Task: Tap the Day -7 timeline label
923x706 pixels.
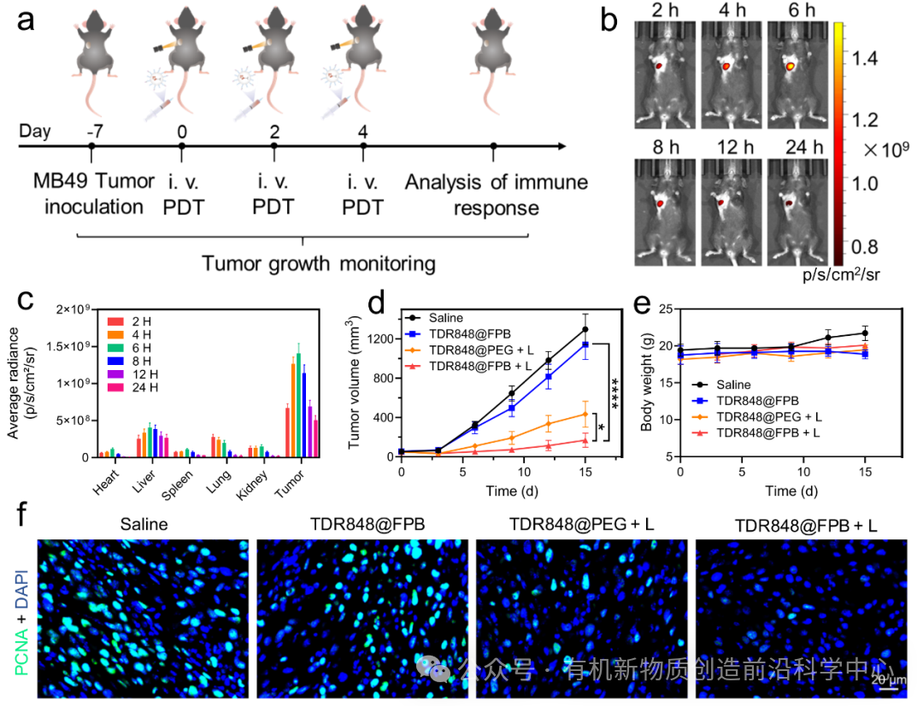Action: point(91,132)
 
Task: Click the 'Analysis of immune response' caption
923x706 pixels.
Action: point(496,194)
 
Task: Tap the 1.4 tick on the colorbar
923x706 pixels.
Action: point(866,57)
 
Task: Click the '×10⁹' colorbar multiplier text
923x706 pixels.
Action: point(884,150)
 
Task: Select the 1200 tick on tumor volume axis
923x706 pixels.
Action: point(381,338)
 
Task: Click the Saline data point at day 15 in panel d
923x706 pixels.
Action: point(585,329)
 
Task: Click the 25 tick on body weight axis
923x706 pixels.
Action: point(668,309)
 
